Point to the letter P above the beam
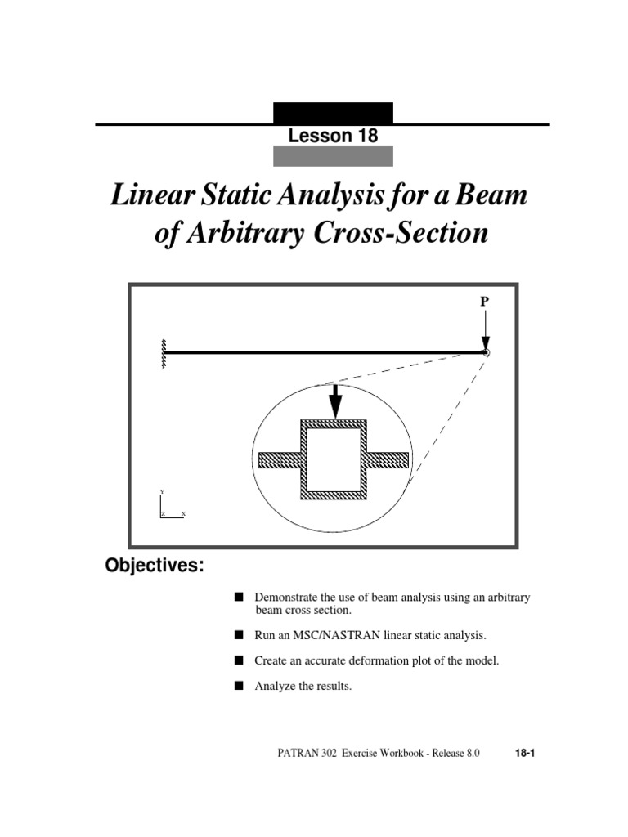click(484, 302)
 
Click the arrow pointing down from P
click(485, 330)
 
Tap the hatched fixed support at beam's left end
click(164, 353)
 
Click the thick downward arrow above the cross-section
click(334, 401)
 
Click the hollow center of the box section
click(334, 459)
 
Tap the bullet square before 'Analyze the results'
click(238, 686)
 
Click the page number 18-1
click(524, 754)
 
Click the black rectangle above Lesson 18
click(333, 113)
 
